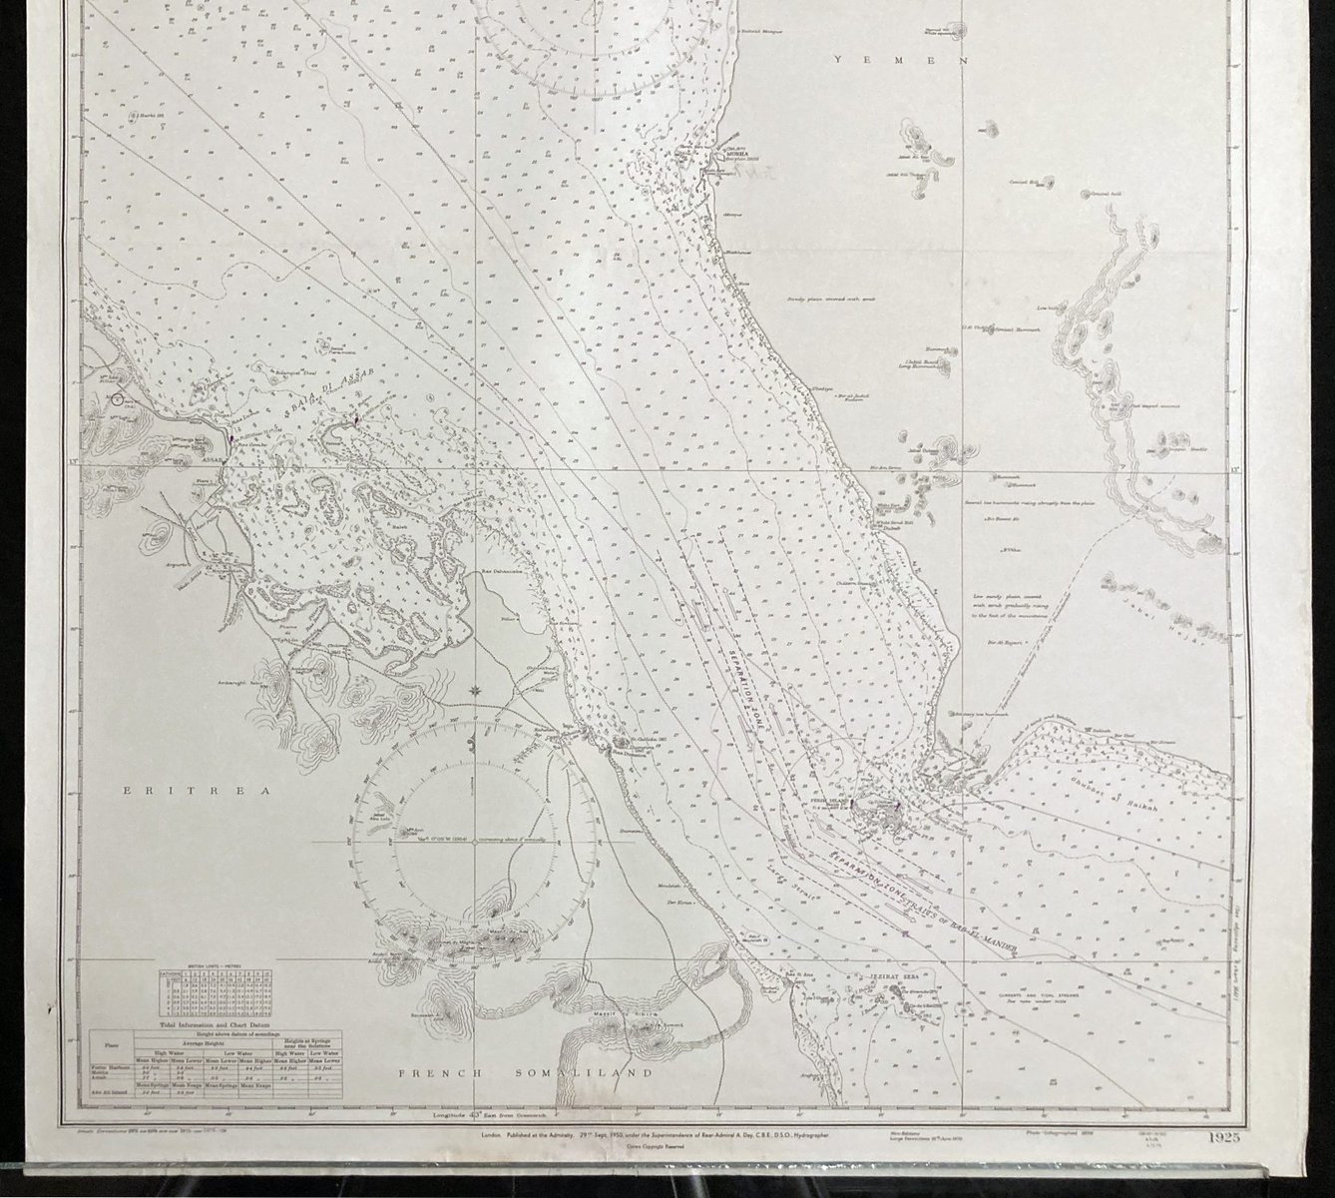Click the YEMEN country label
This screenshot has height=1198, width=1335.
[901, 60]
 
